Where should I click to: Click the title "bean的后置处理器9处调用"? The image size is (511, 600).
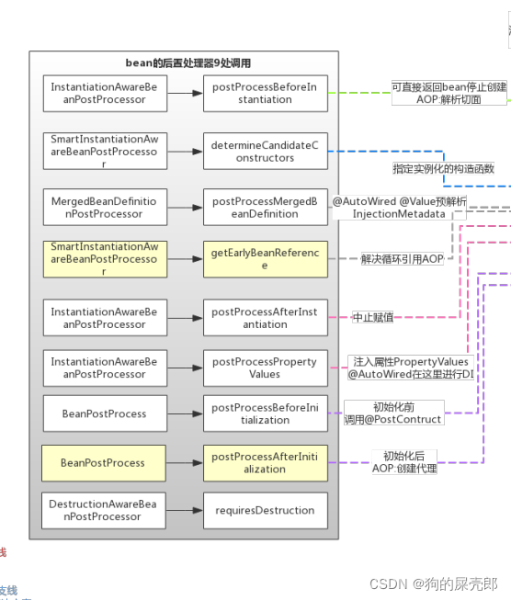[x=187, y=63]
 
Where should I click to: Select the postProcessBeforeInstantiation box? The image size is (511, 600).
[x=265, y=93]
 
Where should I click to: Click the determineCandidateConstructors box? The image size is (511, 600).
[x=265, y=151]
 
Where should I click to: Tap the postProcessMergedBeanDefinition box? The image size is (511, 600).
[x=265, y=207]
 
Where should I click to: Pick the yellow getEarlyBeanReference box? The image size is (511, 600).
[x=265, y=259]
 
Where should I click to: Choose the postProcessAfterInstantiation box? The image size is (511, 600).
[x=265, y=318]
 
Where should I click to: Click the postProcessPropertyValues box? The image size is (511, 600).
[x=265, y=368]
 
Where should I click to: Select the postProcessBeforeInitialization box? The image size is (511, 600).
[x=265, y=413]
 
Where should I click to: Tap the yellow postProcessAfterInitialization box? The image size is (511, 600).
[x=265, y=462]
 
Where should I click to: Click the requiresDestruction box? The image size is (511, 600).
[x=265, y=510]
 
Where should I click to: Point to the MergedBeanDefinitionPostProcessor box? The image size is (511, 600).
[x=104, y=207]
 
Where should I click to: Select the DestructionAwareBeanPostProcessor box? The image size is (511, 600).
[x=104, y=510]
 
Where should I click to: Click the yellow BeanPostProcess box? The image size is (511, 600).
[x=104, y=462]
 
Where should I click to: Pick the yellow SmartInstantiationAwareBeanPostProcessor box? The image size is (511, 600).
[x=104, y=259]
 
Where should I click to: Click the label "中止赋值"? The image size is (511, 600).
[x=373, y=317]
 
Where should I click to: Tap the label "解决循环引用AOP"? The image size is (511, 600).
[x=401, y=259]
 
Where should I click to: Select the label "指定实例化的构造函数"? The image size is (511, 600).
[x=443, y=169]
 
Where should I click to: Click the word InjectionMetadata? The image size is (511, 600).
[x=399, y=213]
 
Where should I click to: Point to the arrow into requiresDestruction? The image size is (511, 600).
[x=185, y=510]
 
